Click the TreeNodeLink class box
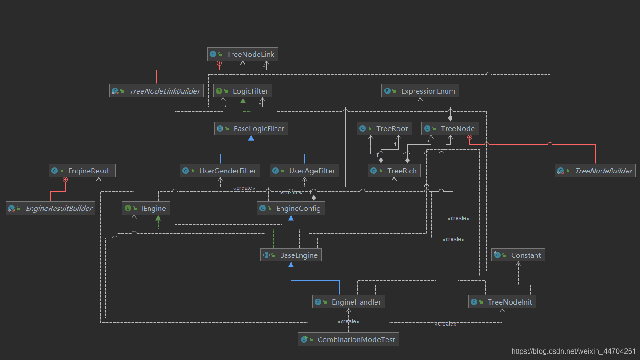pyautogui.click(x=243, y=54)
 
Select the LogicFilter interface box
pyautogui.click(x=243, y=91)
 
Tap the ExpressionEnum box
pyautogui.click(x=420, y=91)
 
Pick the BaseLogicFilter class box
pyautogui.click(x=251, y=128)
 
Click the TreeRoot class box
pyautogui.click(x=384, y=128)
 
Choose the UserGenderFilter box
pyautogui.click(x=220, y=171)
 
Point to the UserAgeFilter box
pyautogui.click(x=304, y=171)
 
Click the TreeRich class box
pyautogui.click(x=394, y=171)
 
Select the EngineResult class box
pyautogui.click(x=82, y=171)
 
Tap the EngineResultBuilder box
pyautogui.click(x=50, y=208)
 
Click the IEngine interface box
pyautogui.click(x=146, y=208)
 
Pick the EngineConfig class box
pyautogui.click(x=291, y=208)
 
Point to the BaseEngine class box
pyautogui.click(x=291, y=255)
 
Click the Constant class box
pyautogui.click(x=519, y=255)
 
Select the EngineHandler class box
pyautogui.click(x=348, y=302)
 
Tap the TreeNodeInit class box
pyautogui.click(x=502, y=302)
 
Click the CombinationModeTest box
pyautogui.click(x=348, y=339)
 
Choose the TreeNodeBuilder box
pyautogui.click(x=596, y=171)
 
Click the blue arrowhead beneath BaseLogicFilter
pyautogui.click(x=251, y=138)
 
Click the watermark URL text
pyautogui.click(x=574, y=351)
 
